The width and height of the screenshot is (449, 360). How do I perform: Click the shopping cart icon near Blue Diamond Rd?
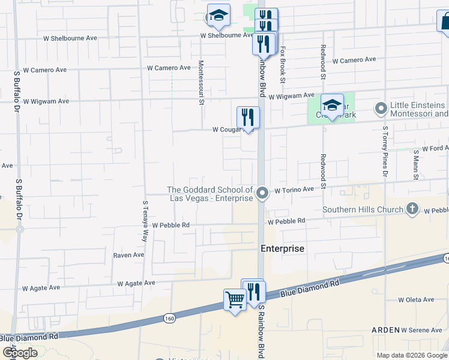pyautogui.click(x=235, y=299)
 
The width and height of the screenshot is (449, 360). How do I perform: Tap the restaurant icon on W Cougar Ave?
pyautogui.click(x=247, y=116)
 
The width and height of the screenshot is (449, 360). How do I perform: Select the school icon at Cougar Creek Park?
pyautogui.click(x=331, y=106)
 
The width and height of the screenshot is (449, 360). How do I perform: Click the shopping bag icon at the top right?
pyautogui.click(x=445, y=22)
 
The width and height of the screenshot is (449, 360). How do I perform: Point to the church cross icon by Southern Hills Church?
pyautogui.click(x=412, y=209)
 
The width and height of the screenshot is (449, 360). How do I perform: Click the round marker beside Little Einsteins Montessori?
pyautogui.click(x=381, y=109)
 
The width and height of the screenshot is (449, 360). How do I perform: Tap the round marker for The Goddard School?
pyautogui.click(x=262, y=193)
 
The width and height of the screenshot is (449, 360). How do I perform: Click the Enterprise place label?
pyautogui.click(x=282, y=248)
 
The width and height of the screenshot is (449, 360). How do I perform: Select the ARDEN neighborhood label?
pyautogui.click(x=385, y=330)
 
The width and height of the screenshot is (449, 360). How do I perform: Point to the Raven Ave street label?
pyautogui.click(x=128, y=255)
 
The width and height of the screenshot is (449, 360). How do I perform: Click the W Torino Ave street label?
pyautogui.click(x=294, y=190)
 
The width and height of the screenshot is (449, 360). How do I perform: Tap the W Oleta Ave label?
pyautogui.click(x=416, y=299)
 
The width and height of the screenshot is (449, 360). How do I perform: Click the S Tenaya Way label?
pyautogui.click(x=145, y=220)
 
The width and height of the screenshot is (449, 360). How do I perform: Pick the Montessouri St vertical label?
pyautogui.click(x=201, y=82)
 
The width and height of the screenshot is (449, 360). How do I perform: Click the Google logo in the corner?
pyautogui.click(x=19, y=352)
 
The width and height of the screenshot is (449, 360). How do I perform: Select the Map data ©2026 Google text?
pyautogui.click(x=411, y=355)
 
